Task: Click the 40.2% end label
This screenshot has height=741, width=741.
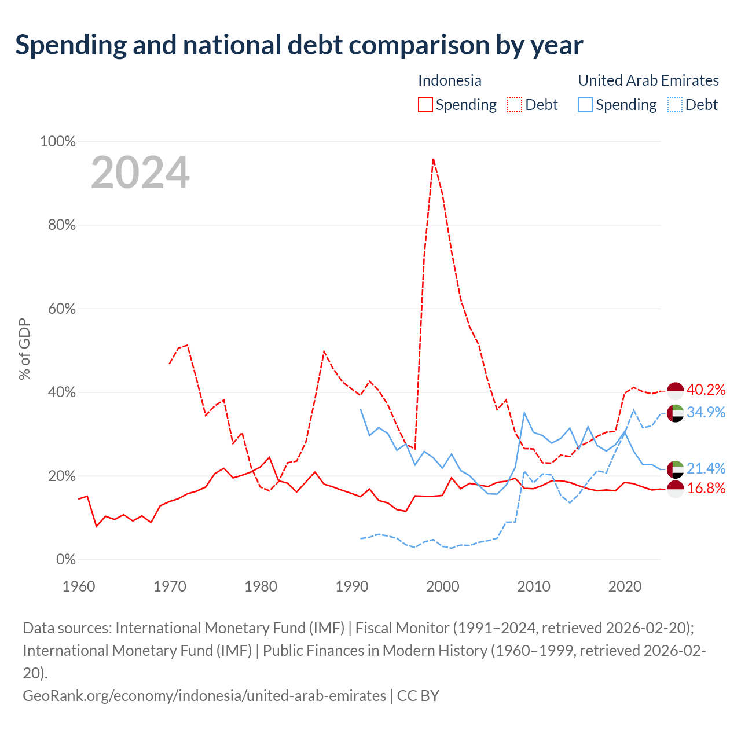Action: point(706,390)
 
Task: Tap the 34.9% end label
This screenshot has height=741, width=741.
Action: point(706,412)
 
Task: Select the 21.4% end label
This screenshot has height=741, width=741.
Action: point(706,468)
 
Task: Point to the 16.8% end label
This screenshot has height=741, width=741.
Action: point(706,489)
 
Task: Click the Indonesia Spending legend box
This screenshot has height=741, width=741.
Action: point(425,105)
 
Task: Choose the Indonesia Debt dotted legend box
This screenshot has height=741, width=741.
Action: point(515,105)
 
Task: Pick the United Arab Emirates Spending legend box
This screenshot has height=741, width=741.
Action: point(585,105)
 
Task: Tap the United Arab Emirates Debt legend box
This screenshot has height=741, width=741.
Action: point(674,105)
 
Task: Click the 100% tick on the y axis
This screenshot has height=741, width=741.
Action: point(58,141)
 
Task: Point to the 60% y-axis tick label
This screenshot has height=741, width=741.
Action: point(61,309)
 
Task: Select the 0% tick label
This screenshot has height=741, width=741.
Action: point(66,559)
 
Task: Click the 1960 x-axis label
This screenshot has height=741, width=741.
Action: point(79,587)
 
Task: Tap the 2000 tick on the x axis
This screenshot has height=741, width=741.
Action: point(443,587)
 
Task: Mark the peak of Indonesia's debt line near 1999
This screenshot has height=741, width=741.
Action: point(434,159)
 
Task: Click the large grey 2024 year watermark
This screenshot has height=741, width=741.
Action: point(140,173)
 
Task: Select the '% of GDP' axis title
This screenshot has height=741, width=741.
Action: point(24,349)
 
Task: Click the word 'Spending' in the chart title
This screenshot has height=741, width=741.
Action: point(71,45)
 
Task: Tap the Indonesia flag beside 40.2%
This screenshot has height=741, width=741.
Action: point(675,391)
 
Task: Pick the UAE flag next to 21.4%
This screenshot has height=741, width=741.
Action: point(675,469)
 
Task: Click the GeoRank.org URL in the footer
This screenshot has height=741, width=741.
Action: point(204,696)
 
